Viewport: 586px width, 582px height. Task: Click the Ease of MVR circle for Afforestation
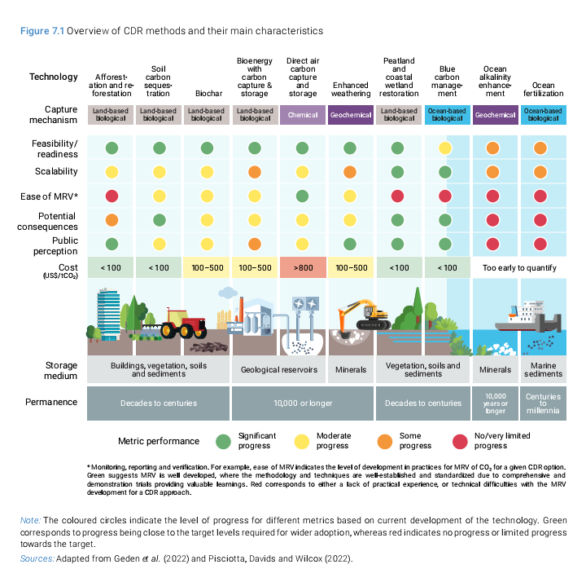tap(112, 196)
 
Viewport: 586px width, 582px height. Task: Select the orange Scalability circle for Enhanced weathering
tap(350, 172)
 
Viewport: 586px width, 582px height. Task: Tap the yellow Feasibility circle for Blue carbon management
tap(444, 148)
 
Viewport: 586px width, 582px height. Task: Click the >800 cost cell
tap(302, 267)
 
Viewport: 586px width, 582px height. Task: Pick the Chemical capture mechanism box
tap(302, 115)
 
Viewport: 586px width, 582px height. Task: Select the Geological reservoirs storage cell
tap(278, 369)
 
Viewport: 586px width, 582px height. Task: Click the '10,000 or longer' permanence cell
tap(302, 403)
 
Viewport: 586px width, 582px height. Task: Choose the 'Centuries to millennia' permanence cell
tap(543, 403)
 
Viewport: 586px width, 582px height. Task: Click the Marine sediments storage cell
tap(543, 369)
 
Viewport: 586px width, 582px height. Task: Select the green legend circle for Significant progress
tap(222, 441)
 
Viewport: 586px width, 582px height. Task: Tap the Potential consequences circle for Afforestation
tap(112, 220)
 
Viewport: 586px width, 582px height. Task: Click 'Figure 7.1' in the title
tap(42, 31)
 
